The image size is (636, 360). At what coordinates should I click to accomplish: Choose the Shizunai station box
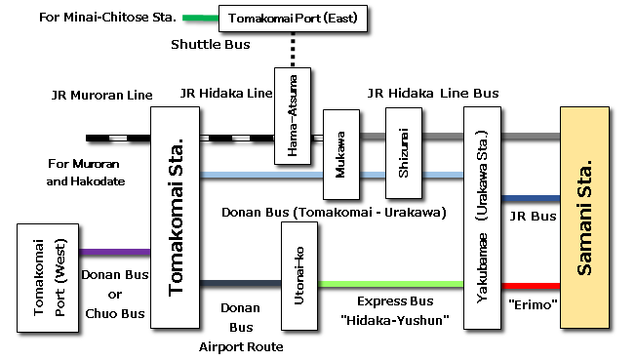(x=404, y=153)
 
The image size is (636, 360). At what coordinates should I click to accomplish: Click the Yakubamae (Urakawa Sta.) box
(x=482, y=215)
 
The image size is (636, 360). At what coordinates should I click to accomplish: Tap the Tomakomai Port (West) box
(x=48, y=277)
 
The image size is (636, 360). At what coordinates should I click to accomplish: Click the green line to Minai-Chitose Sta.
(x=201, y=18)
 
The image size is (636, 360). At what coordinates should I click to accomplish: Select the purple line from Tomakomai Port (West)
(x=115, y=253)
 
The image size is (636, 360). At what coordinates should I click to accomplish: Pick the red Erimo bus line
(x=531, y=286)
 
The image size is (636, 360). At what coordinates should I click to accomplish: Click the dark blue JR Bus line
(x=531, y=198)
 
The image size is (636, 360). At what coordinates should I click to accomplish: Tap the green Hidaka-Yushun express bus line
(x=391, y=284)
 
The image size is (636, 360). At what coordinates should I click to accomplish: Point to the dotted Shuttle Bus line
(x=293, y=50)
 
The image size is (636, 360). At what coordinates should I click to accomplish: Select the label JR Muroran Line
(x=101, y=96)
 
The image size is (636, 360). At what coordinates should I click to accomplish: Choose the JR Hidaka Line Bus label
(x=433, y=94)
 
